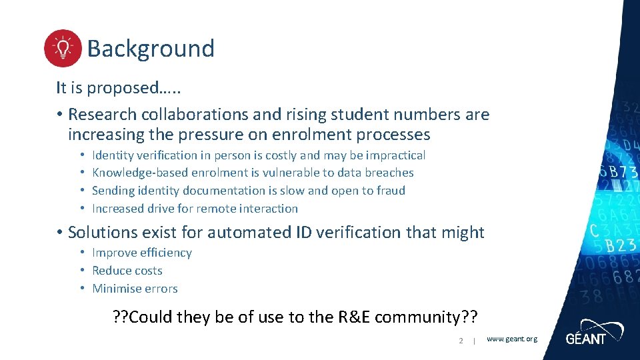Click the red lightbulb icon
pos(63,49)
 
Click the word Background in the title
pos(151,49)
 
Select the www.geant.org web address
pos(511,339)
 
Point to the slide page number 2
pos(461,341)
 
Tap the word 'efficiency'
pos(165,253)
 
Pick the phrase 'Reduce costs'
pos(127,271)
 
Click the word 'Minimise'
pos(116,289)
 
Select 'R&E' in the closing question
pos(338,317)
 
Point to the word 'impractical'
pos(395,155)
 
